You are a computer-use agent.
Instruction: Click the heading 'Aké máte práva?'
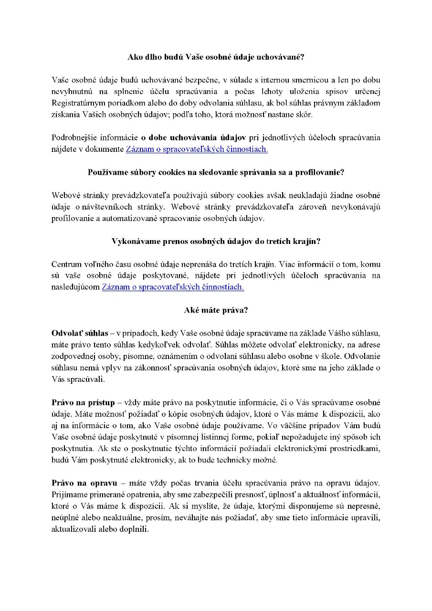(216, 310)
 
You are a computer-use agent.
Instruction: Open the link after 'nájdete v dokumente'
(197, 149)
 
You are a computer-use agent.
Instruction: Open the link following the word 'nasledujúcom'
(173, 287)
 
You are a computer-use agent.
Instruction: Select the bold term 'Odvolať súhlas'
(80, 333)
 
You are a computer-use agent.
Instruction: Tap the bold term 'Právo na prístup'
(83, 402)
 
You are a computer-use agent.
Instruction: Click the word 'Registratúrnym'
(80, 103)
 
